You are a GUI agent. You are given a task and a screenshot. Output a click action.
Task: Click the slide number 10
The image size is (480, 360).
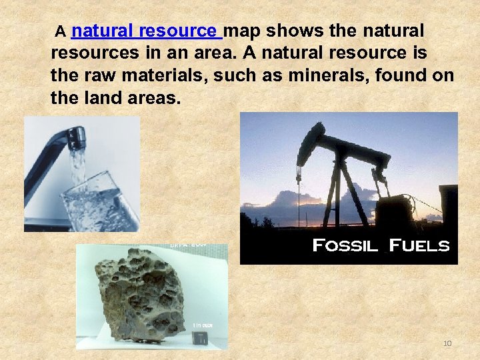447,343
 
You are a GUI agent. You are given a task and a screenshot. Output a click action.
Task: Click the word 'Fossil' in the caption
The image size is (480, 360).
345,245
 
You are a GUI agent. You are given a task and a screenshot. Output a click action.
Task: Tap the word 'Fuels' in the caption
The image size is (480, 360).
419,245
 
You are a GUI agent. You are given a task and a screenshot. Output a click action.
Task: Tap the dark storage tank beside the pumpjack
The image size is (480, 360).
400,210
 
